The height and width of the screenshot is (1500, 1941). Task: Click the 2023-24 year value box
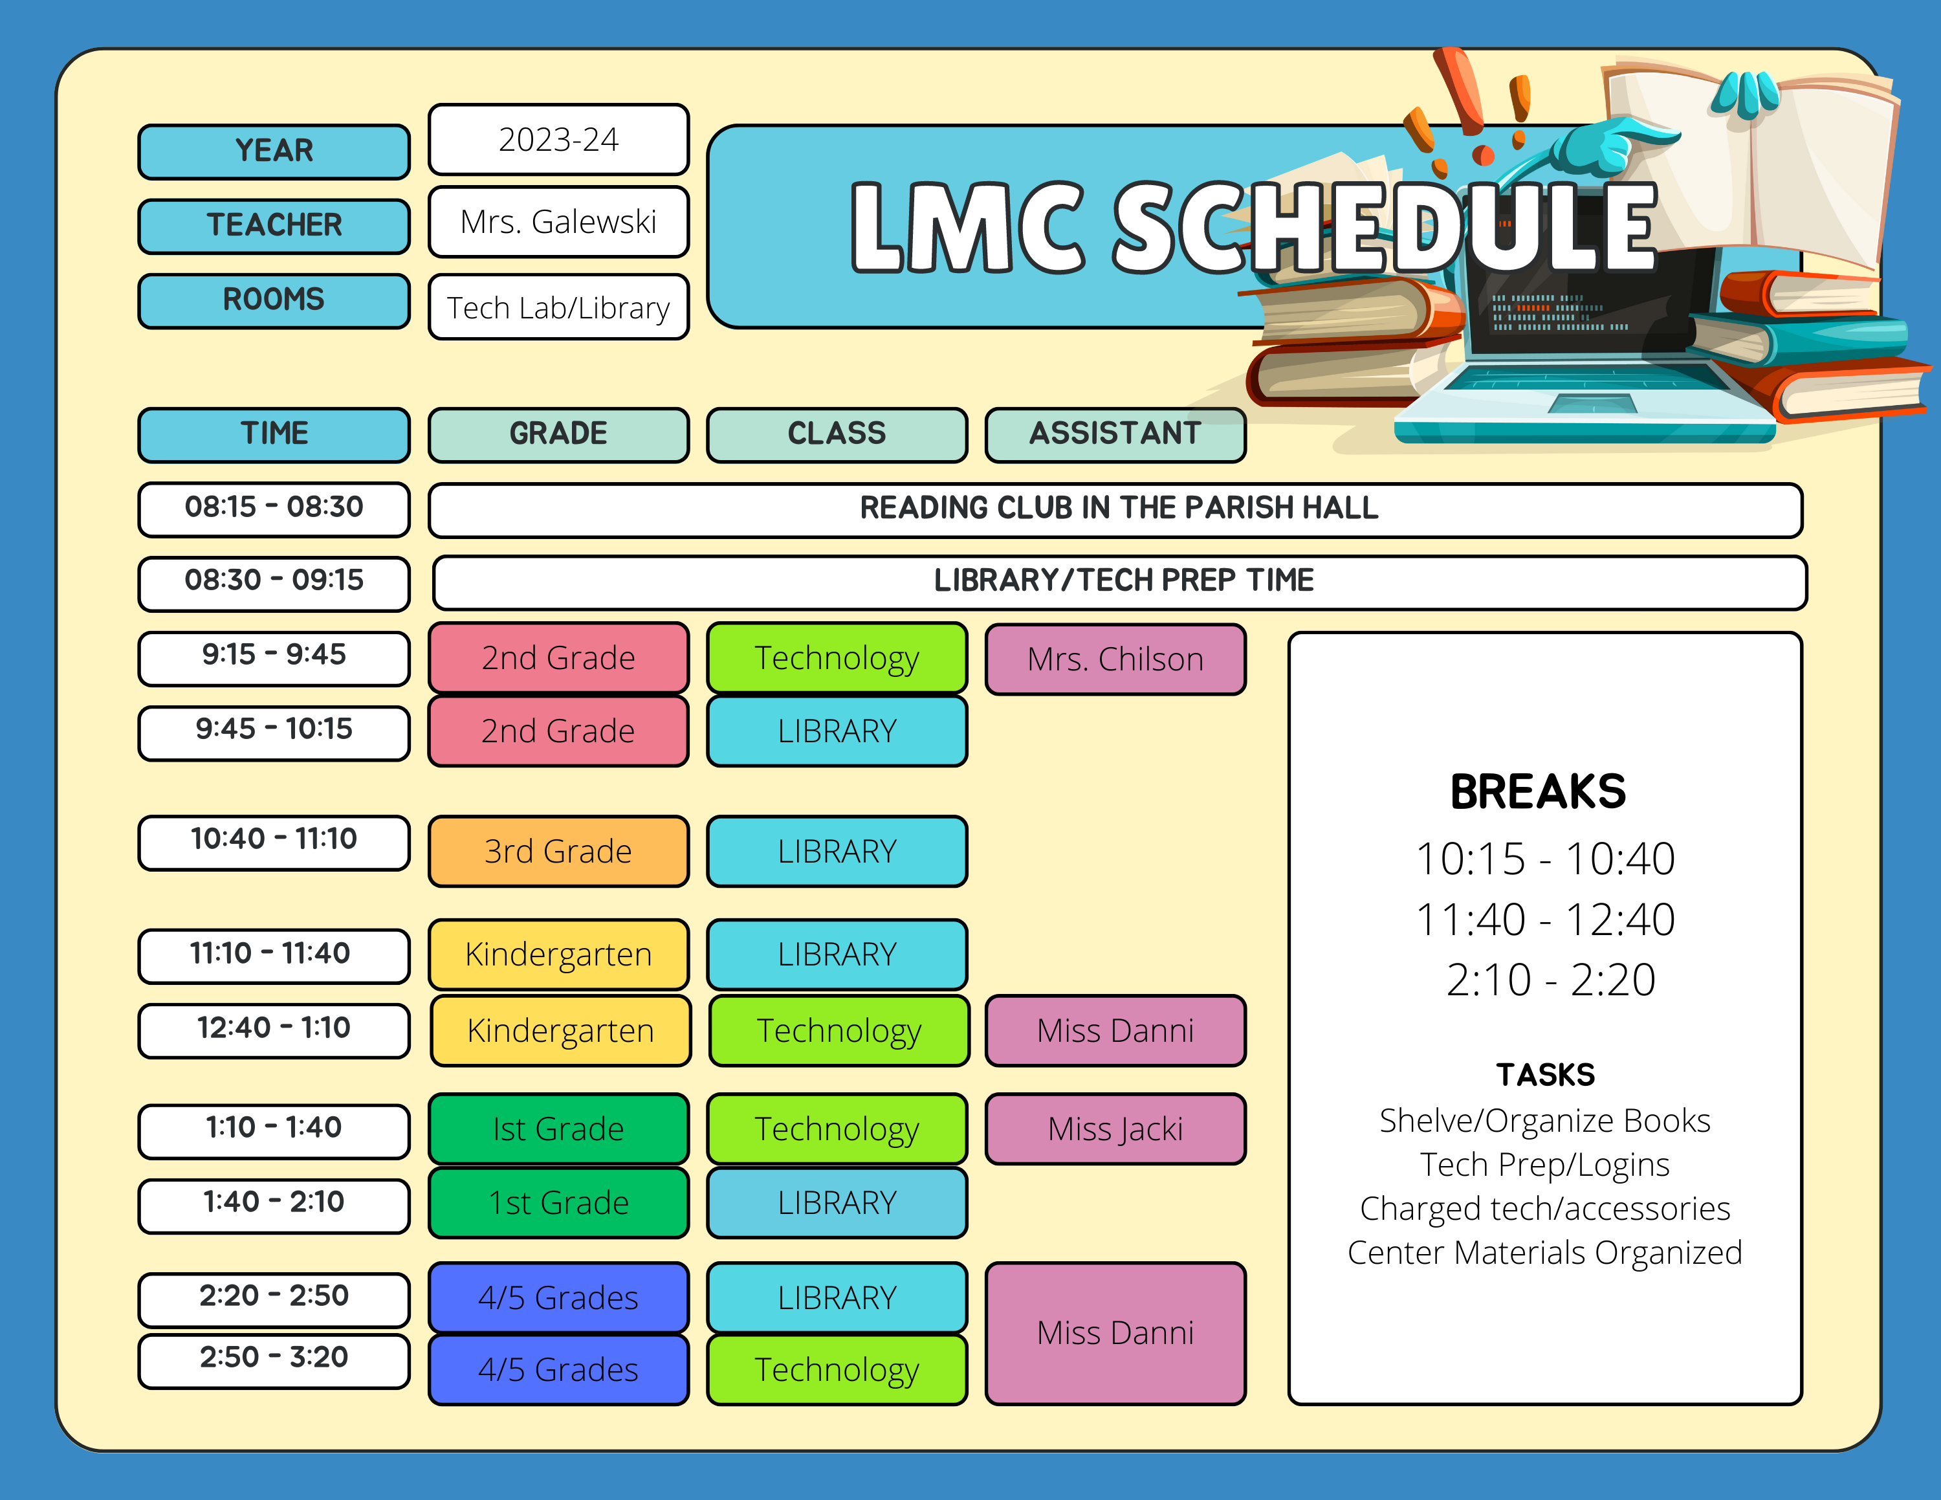click(558, 140)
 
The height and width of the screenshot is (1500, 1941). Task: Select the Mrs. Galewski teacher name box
click(558, 221)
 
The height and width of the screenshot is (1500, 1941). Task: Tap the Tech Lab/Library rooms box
click(558, 307)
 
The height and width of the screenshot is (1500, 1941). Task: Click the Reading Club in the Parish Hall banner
click(1115, 510)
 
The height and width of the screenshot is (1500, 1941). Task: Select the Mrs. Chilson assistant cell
click(1115, 659)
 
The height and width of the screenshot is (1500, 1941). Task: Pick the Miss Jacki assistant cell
click(1115, 1129)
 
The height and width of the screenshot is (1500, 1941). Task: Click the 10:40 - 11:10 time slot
click(274, 841)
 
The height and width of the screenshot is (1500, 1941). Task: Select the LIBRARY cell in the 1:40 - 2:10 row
click(837, 1202)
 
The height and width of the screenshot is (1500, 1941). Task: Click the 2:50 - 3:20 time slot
click(274, 1360)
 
